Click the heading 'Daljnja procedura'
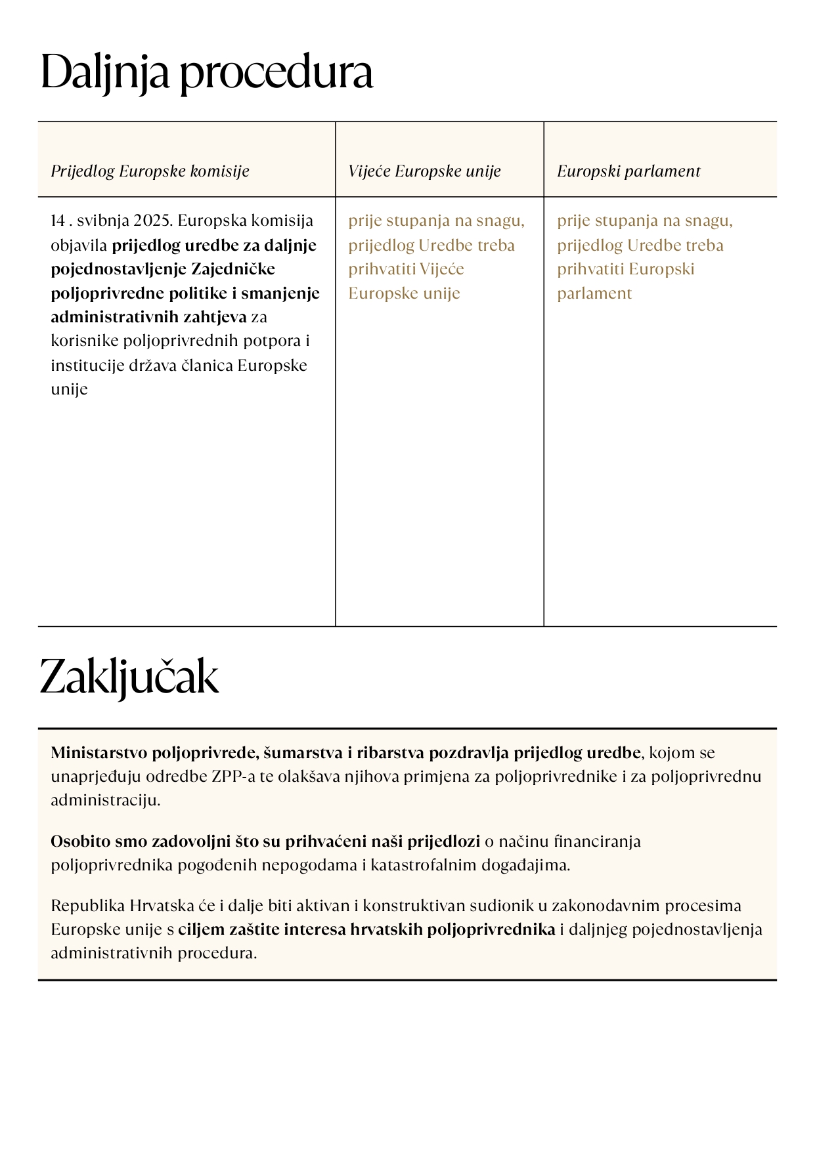[206, 73]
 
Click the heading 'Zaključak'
[129, 677]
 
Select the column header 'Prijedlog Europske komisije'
[150, 171]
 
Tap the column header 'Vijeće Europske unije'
[424, 171]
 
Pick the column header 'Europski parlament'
[628, 171]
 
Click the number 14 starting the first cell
[58, 221]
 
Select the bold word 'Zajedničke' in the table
[233, 269]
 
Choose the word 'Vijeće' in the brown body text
[442, 269]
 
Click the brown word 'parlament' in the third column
[594, 293]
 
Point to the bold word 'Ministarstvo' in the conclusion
[99, 753]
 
